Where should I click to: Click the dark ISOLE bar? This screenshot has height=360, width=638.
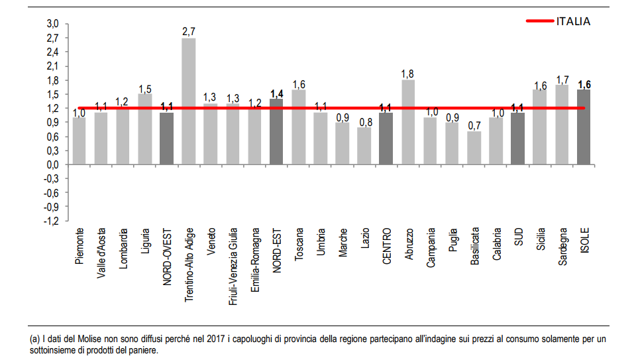(584, 127)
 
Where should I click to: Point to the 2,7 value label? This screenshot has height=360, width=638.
(189, 31)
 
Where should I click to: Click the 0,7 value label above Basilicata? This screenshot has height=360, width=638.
(473, 125)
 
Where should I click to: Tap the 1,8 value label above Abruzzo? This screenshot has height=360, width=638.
(408, 73)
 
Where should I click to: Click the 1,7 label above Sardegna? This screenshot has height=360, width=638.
(562, 78)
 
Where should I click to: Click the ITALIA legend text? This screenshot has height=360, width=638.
(573, 21)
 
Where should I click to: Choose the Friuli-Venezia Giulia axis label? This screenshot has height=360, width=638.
(233, 265)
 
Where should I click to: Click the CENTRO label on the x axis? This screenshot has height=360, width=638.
(386, 247)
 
